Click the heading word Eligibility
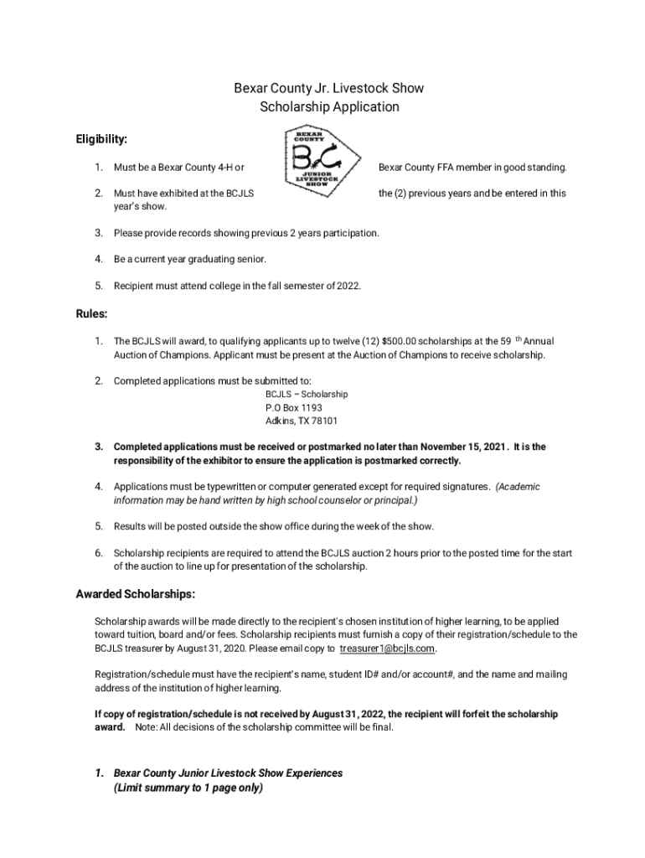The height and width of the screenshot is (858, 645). click(x=101, y=139)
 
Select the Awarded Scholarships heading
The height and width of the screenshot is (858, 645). click(x=136, y=595)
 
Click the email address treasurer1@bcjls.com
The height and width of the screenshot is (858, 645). click(x=386, y=649)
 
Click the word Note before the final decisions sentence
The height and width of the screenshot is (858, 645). click(x=146, y=727)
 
